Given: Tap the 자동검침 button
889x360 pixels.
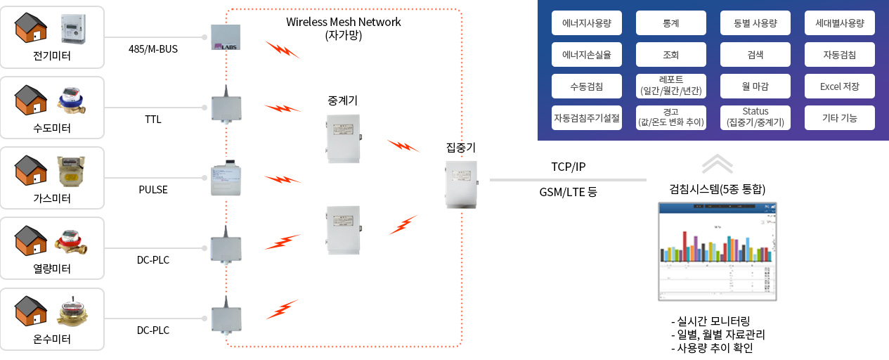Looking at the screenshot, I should (x=839, y=54).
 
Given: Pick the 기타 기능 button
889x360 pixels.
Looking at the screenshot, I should (x=839, y=117).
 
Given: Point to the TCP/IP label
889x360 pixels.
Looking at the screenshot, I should (x=568, y=167).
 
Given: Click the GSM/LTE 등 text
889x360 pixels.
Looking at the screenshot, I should (x=568, y=191).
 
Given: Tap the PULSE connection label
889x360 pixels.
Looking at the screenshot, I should (x=153, y=190).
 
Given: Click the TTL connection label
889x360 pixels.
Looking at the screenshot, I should (x=153, y=120).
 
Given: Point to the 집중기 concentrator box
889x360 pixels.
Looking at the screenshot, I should (x=461, y=184).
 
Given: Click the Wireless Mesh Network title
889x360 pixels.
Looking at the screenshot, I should (x=343, y=22).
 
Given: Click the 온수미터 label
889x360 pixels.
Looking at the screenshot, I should (x=52, y=339).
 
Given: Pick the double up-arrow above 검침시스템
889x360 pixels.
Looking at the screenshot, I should (x=717, y=164).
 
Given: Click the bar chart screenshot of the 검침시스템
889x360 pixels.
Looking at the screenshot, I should (x=718, y=251).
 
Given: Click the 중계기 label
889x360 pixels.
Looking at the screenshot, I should (x=343, y=101).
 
